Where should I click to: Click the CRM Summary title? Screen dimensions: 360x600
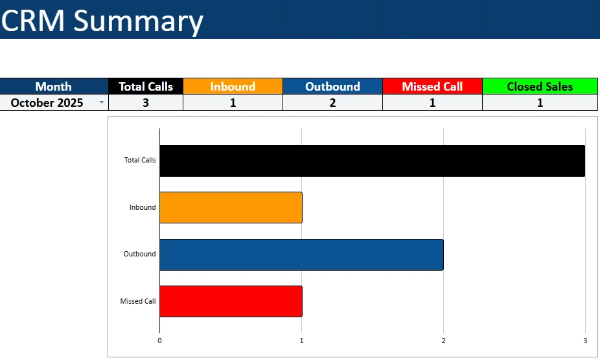[x=102, y=21]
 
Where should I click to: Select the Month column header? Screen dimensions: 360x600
[x=54, y=86]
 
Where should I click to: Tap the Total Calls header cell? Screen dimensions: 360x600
[x=146, y=86]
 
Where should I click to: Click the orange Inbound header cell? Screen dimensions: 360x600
[x=233, y=86]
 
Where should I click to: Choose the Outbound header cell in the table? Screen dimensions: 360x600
[x=332, y=86]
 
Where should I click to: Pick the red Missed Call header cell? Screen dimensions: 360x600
[x=432, y=86]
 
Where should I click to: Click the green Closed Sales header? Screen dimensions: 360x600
[x=540, y=86]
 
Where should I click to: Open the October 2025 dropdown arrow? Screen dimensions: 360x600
[x=101, y=103]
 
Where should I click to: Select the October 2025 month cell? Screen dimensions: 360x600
[x=47, y=102]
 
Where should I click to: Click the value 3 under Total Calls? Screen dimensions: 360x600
[x=146, y=102]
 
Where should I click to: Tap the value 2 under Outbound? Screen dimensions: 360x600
[x=332, y=102]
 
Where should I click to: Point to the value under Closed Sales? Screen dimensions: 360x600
[x=540, y=102]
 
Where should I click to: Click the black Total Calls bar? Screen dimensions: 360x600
[x=372, y=161]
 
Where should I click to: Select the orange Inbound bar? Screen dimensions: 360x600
[x=231, y=207]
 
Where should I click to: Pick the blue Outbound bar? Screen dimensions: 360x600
[x=301, y=254]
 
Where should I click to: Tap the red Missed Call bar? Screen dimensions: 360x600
[x=231, y=301]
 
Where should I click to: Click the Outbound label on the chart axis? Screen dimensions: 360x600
[x=139, y=254]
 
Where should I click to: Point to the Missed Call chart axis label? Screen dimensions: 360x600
[x=137, y=301]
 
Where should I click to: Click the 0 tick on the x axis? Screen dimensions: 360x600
[x=159, y=341]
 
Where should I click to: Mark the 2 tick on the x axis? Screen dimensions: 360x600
[x=443, y=341]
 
